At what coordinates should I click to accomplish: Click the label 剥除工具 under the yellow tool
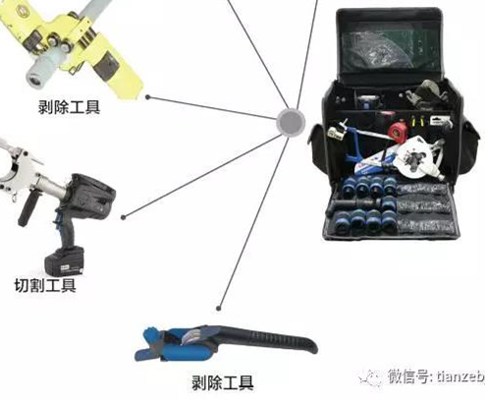tap(69, 107)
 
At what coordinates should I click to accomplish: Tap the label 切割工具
tap(45, 285)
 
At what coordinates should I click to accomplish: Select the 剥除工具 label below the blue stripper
tap(223, 382)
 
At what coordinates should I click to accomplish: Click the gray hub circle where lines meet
tap(291, 122)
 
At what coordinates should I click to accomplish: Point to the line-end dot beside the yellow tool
tap(148, 97)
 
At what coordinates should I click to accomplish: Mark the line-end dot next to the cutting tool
tap(123, 217)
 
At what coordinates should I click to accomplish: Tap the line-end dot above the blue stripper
tap(219, 309)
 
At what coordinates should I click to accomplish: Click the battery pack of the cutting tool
tap(65, 262)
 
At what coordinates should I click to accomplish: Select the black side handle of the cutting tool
tap(27, 208)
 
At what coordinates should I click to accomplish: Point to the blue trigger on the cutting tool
tap(58, 218)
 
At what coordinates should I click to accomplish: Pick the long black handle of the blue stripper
tap(265, 338)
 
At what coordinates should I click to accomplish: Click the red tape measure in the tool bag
tap(397, 130)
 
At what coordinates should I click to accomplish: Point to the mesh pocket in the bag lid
tap(390, 49)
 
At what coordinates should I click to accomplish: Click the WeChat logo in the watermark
tap(370, 377)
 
